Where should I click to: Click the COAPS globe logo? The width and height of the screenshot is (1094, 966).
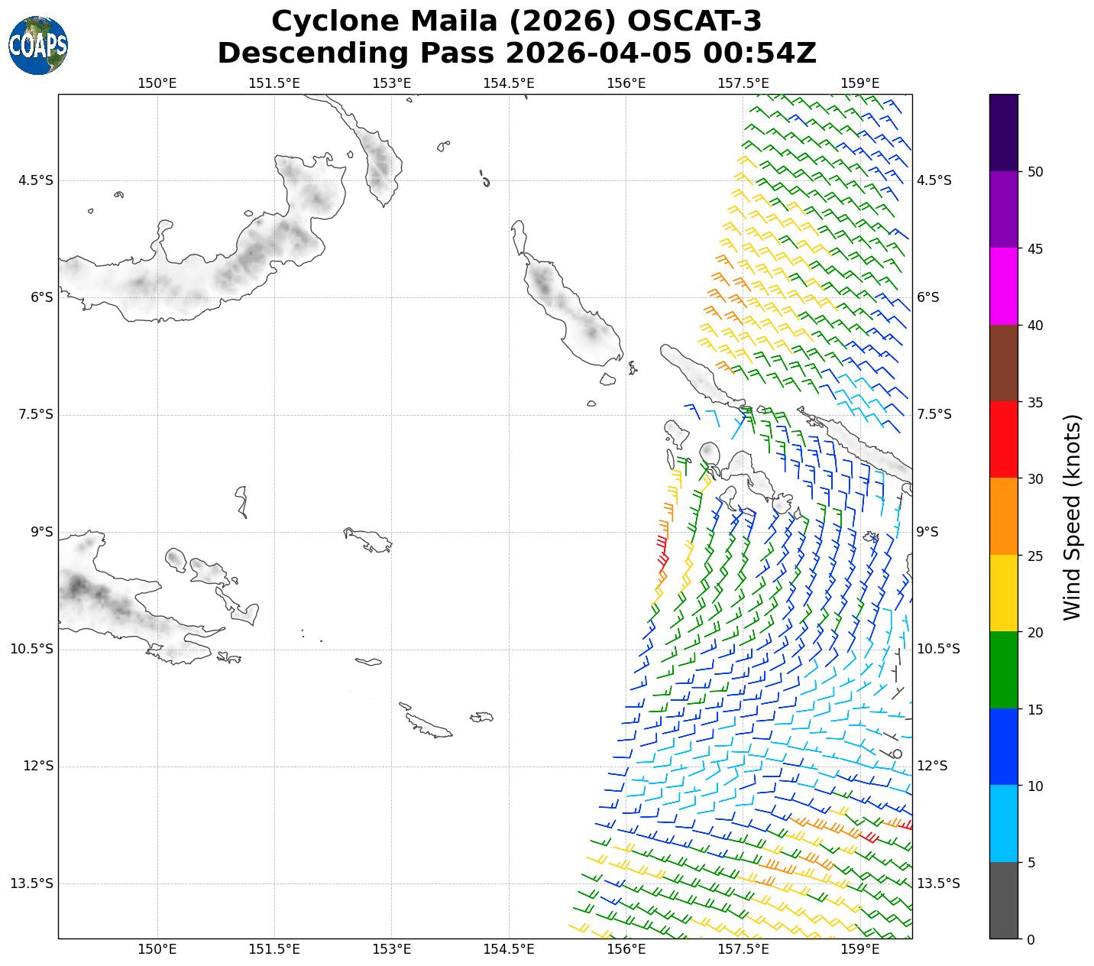(38, 46)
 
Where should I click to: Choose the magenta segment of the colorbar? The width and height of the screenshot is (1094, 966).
(1004, 287)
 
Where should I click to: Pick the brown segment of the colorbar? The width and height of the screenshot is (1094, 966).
(1004, 363)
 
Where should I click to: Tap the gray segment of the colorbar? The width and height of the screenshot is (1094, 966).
(1004, 900)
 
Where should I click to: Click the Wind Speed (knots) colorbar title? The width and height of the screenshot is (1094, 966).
(1073, 517)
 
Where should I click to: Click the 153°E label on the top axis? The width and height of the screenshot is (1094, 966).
(392, 83)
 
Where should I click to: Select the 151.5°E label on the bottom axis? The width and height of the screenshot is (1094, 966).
(274, 949)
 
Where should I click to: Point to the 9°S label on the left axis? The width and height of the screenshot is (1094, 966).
(41, 532)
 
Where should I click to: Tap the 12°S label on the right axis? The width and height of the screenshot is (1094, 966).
(932, 766)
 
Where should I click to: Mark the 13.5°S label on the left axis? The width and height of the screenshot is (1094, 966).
(31, 883)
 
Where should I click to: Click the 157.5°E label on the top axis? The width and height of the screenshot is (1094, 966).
(743, 83)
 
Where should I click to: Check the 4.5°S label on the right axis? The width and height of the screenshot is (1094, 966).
(934, 180)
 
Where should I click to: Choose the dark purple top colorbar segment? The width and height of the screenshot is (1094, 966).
(1004, 132)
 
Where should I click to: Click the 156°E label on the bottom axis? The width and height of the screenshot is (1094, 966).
(626, 949)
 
